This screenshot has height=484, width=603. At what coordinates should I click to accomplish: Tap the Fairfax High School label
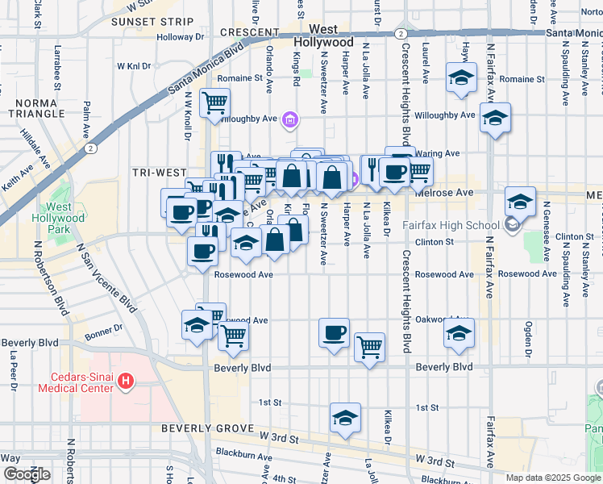tap(441, 225)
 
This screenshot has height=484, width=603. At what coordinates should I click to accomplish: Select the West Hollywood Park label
tap(58, 218)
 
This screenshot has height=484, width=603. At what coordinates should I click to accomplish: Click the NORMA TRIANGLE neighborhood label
tap(35, 109)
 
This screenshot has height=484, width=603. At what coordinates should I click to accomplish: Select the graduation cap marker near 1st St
tap(345, 419)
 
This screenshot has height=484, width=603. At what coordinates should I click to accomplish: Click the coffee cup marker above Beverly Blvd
tap(334, 332)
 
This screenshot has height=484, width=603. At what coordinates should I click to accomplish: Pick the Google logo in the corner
tap(27, 474)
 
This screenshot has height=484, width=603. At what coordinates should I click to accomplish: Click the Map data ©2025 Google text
tap(552, 478)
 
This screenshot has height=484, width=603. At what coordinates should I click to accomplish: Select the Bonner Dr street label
tap(105, 328)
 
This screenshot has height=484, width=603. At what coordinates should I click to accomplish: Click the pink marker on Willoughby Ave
tap(291, 120)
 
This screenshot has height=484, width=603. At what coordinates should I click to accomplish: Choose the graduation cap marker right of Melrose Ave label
tap(520, 202)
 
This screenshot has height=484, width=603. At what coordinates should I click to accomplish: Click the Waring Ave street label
tap(443, 153)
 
